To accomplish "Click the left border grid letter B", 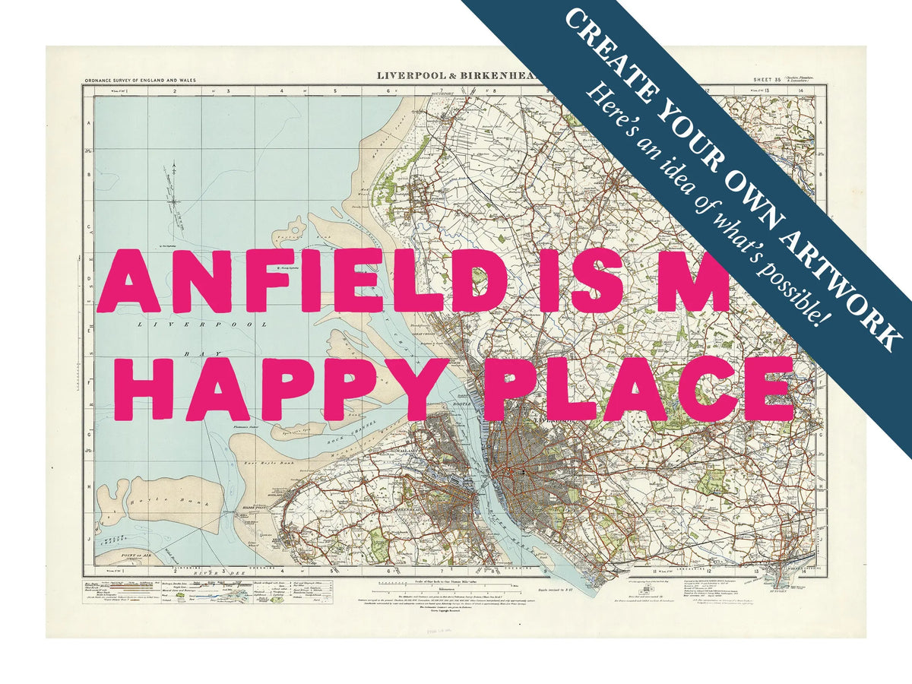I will [x=88, y=174].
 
